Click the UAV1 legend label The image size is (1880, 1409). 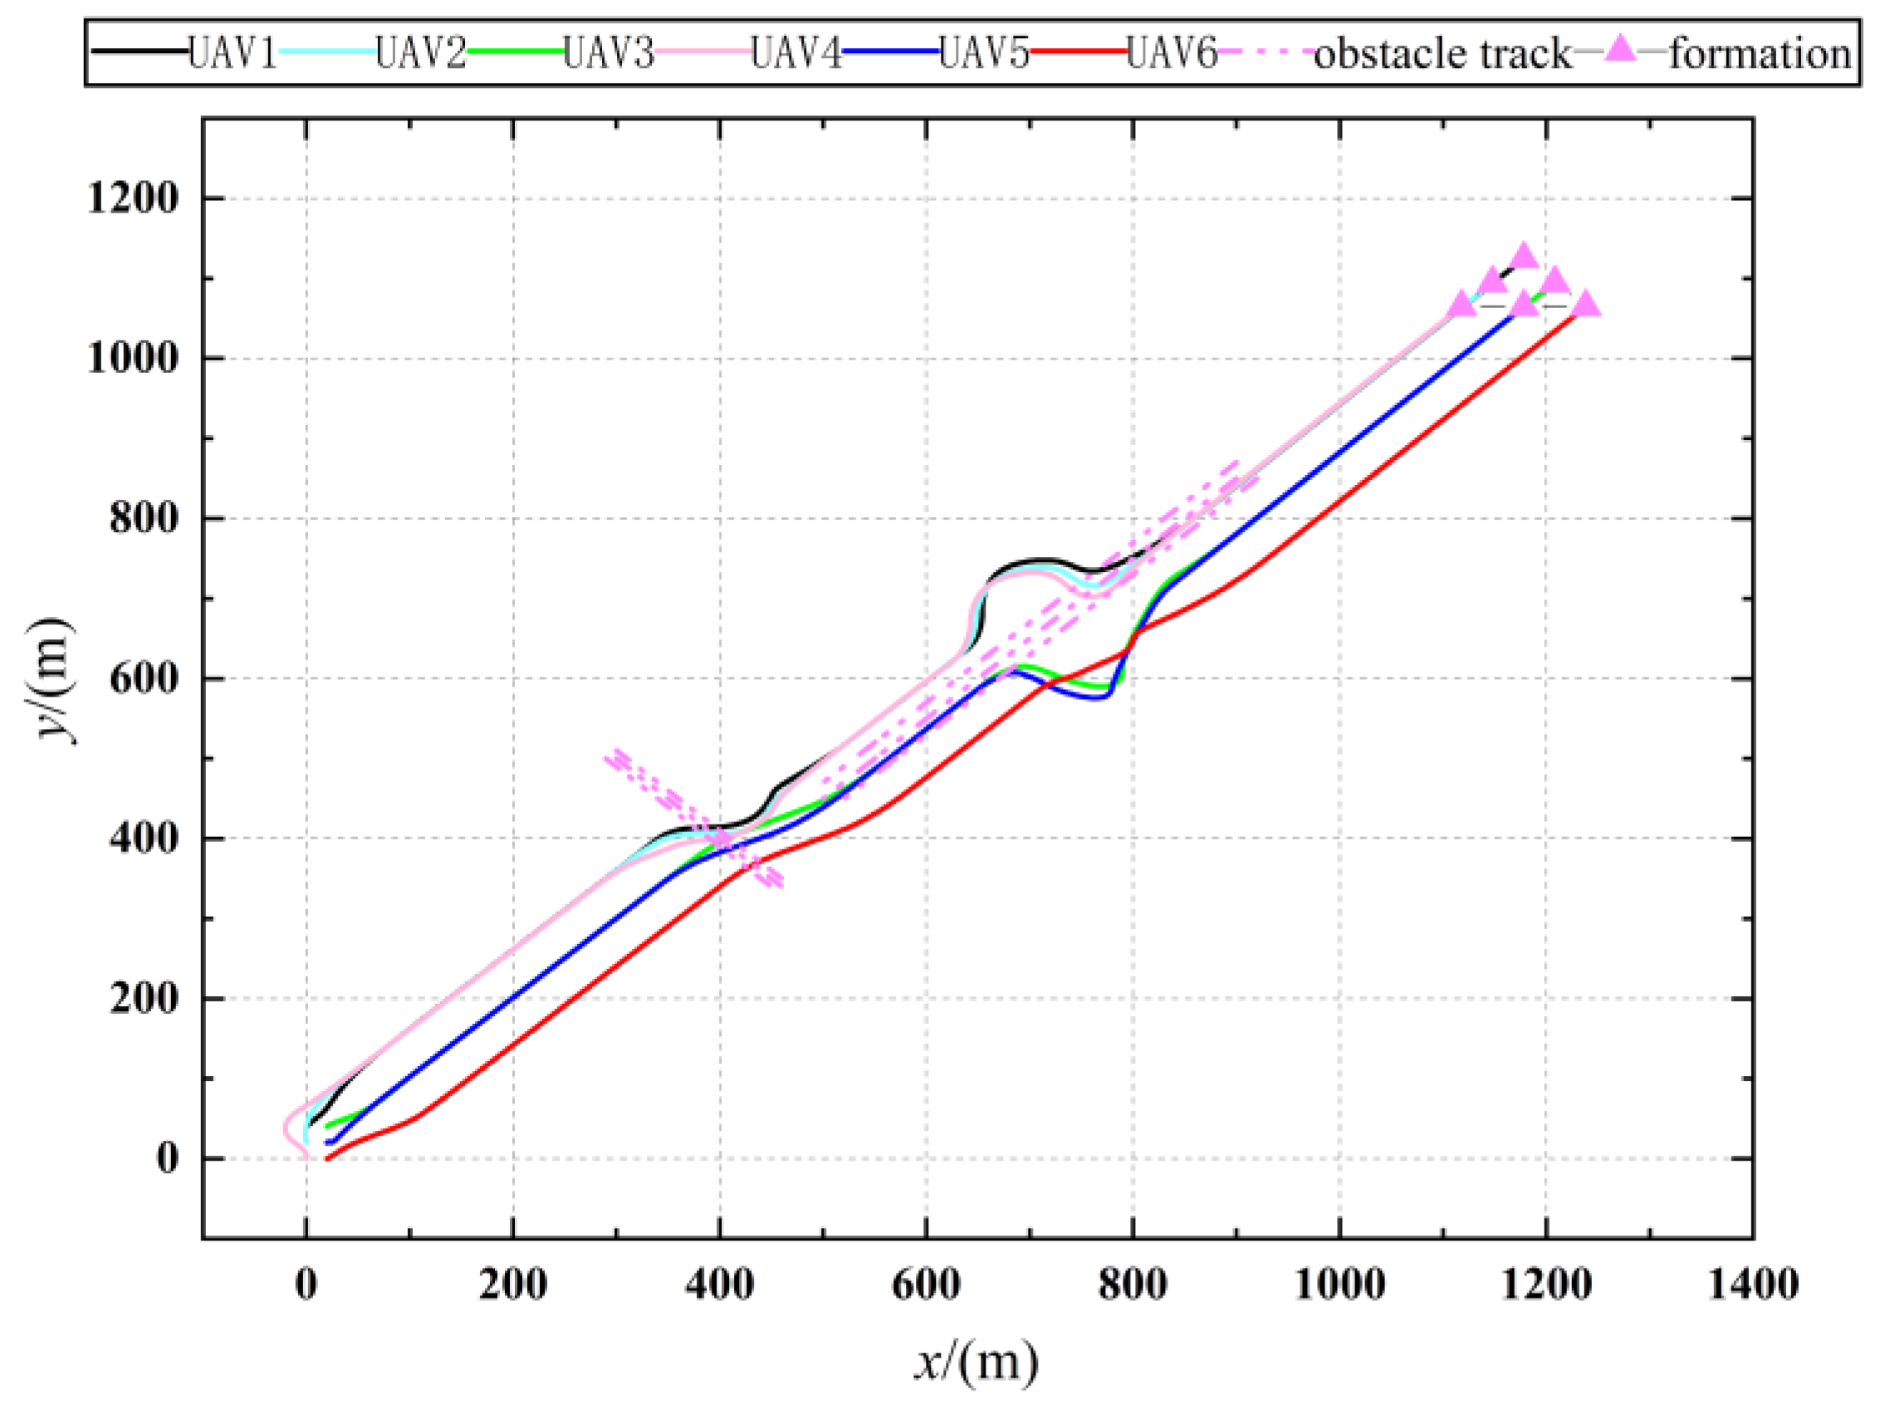232,52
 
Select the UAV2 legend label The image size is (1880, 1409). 421,52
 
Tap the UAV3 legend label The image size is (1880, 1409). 609,52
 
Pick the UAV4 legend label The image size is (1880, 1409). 796,52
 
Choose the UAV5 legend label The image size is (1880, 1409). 984,52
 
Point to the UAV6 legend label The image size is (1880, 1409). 1172,52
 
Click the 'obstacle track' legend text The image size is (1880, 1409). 1442,53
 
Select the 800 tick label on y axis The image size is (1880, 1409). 144,518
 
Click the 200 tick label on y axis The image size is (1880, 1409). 144,999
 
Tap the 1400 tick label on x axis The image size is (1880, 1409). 1752,1284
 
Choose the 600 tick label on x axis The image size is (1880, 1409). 926,1284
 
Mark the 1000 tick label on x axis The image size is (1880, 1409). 1339,1284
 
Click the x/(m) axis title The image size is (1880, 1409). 977,1363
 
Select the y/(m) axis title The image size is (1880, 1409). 52,680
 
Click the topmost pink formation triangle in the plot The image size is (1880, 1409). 1523,255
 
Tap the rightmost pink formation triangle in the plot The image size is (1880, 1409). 1586,304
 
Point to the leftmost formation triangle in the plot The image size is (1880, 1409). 1461,304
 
